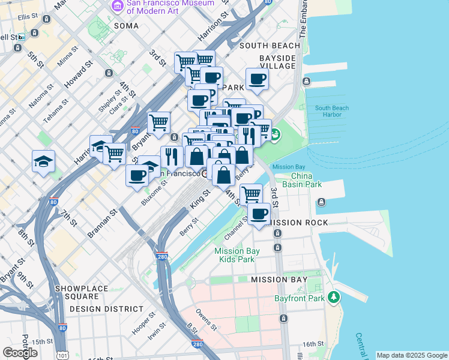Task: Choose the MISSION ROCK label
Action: tap(298, 223)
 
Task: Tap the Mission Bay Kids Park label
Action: tap(235, 255)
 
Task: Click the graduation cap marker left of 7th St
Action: tap(44, 161)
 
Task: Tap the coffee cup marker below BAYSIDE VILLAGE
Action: tap(257, 79)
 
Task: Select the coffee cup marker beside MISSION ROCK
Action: tap(259, 214)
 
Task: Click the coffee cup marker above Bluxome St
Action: tap(137, 175)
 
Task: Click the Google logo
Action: tap(20, 353)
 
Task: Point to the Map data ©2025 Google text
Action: tap(412, 355)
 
